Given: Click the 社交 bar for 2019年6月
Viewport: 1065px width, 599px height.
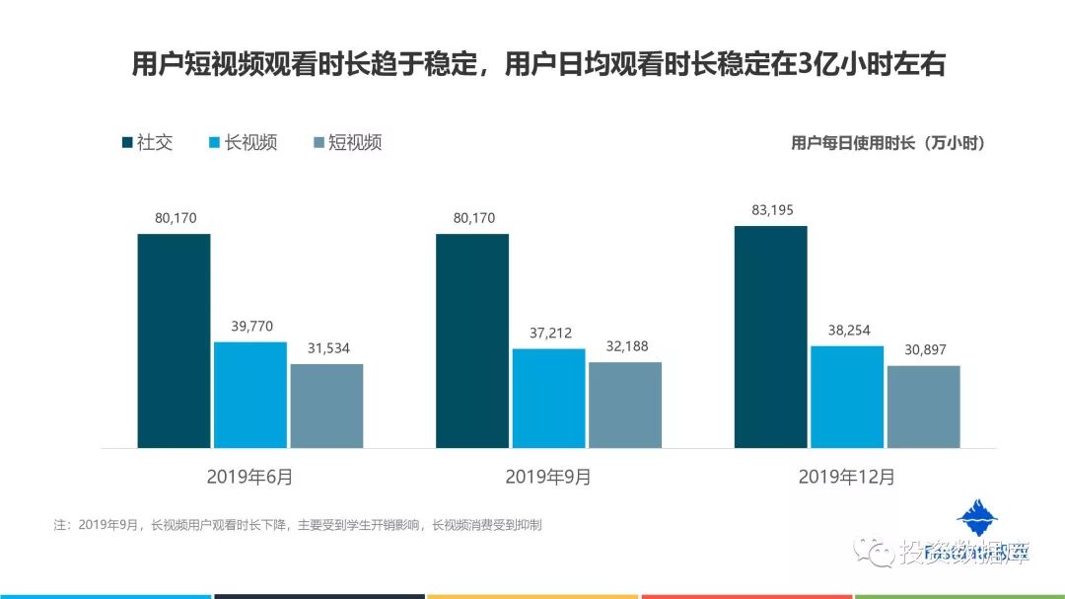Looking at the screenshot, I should (174, 340).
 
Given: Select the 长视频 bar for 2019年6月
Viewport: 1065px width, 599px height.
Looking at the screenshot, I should (250, 395).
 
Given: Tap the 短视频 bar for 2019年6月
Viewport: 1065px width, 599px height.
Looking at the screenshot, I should (326, 406).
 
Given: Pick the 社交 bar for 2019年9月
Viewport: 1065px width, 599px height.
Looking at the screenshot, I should (472, 340).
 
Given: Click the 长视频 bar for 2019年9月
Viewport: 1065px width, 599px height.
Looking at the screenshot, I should (548, 398).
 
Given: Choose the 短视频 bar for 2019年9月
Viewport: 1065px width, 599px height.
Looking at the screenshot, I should (625, 405).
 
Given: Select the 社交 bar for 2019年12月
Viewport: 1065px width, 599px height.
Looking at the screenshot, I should (771, 337).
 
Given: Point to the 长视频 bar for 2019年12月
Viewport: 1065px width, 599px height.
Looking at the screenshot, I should (847, 397).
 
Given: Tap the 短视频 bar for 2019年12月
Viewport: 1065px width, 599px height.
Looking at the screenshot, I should (923, 407).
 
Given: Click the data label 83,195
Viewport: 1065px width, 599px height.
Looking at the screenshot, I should (771, 209).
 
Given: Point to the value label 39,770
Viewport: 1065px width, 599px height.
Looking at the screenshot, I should (250, 326).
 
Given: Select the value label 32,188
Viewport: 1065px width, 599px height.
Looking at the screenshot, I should (625, 346).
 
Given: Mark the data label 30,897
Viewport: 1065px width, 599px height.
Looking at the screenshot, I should (923, 349).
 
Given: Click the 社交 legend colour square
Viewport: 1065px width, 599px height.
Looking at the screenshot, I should (127, 142).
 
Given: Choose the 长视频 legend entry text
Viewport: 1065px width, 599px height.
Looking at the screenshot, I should (250, 142).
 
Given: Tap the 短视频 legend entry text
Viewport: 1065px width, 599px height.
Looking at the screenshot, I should (355, 142).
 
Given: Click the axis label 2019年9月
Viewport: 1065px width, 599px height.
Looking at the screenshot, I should (548, 477).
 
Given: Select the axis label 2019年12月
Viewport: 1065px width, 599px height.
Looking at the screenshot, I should (847, 477).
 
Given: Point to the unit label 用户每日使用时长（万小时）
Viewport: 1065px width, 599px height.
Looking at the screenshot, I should (888, 143).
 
